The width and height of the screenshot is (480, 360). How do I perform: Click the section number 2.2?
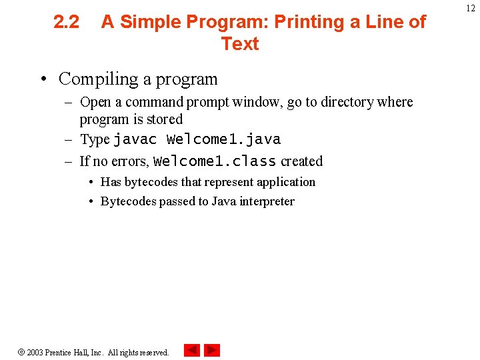(66, 22)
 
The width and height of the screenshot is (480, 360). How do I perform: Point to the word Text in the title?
(239, 44)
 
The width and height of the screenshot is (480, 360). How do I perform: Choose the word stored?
(165, 119)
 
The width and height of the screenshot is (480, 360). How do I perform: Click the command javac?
(135, 139)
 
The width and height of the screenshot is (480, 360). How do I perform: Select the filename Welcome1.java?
(223, 139)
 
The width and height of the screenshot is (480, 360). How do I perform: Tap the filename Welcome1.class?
(215, 161)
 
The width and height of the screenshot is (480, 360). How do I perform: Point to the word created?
(301, 161)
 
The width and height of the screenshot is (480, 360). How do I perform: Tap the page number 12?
(471, 7)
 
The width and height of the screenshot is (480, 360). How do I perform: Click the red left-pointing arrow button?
(191, 350)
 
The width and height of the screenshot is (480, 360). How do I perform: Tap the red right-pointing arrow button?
(212, 350)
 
